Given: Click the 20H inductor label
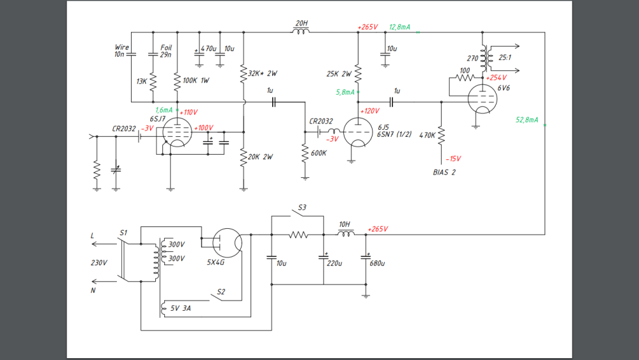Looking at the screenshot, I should pos(301,23).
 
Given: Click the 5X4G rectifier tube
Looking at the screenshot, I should pos(227,243).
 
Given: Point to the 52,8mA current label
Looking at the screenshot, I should pos(527,120).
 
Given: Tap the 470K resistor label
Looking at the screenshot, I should pos(426,135).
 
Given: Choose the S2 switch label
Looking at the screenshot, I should pos(221,292).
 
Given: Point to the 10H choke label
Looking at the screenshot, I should pos(345,224).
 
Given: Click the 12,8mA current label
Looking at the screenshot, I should pos(400,27).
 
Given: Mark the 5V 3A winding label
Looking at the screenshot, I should pos(180,308).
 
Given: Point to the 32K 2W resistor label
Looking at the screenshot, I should pos(263,73).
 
